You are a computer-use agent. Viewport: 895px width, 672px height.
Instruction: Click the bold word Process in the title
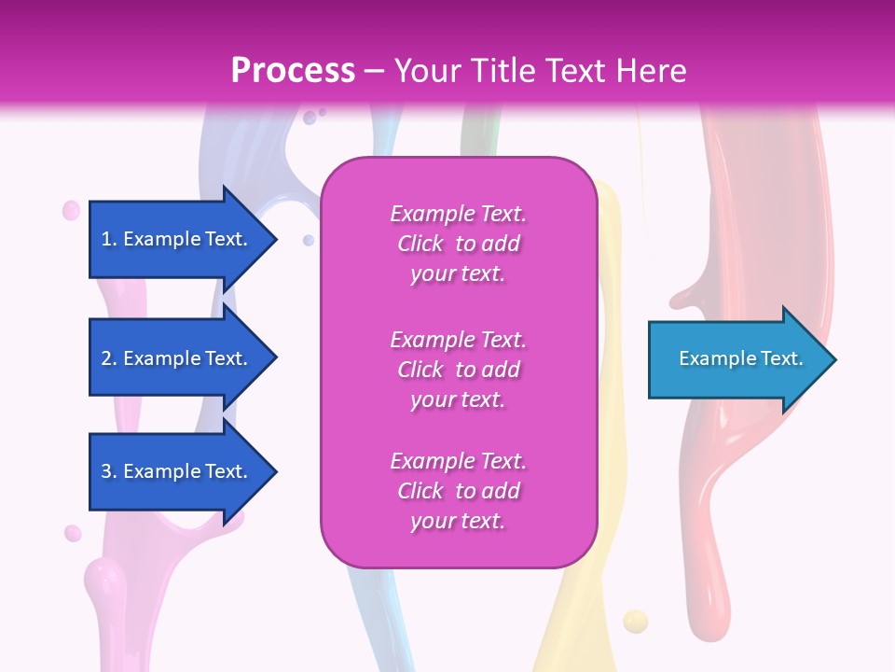293,71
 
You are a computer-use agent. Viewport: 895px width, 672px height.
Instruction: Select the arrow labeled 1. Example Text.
177,239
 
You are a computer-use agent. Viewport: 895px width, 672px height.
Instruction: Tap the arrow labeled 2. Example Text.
177,358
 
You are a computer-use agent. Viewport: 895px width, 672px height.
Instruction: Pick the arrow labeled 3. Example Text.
177,471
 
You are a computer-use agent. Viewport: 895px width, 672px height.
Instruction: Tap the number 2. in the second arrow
109,358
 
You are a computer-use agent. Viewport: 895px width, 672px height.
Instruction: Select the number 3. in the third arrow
109,471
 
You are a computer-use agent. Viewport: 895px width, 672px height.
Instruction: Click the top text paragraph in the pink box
458,244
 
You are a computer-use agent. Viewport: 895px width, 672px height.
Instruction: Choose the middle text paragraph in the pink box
458,370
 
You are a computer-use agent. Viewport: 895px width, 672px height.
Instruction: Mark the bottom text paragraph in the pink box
458,491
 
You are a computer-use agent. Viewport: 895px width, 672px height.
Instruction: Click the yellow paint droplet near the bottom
635,621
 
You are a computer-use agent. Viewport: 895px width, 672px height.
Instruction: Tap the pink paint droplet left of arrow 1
71,211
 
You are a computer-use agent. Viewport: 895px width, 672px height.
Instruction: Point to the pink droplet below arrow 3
73,533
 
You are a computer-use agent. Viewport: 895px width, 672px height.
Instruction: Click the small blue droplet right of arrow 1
309,241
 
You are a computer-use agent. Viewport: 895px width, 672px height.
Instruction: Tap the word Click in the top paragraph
420,244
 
